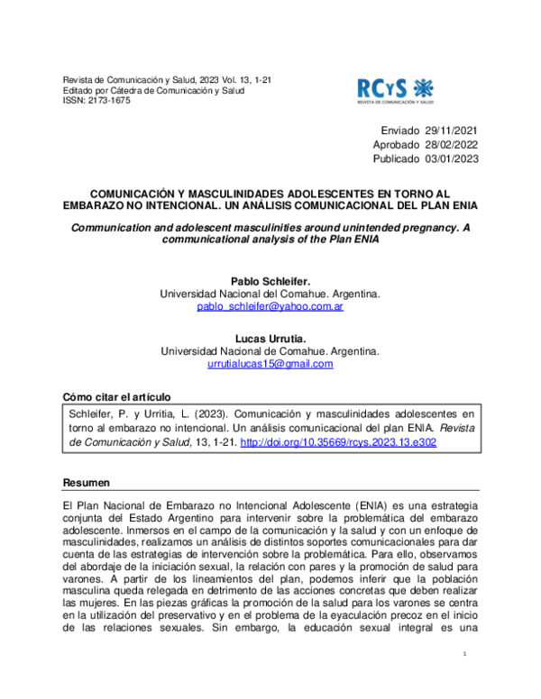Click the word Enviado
point(400,131)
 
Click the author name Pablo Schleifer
point(270,281)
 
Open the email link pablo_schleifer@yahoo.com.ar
point(270,306)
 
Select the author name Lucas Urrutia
point(270,338)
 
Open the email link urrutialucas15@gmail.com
point(270,364)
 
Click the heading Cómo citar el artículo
point(116,397)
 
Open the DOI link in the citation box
point(338,444)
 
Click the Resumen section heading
point(87,483)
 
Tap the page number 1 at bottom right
point(463,654)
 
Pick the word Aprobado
point(397,145)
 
